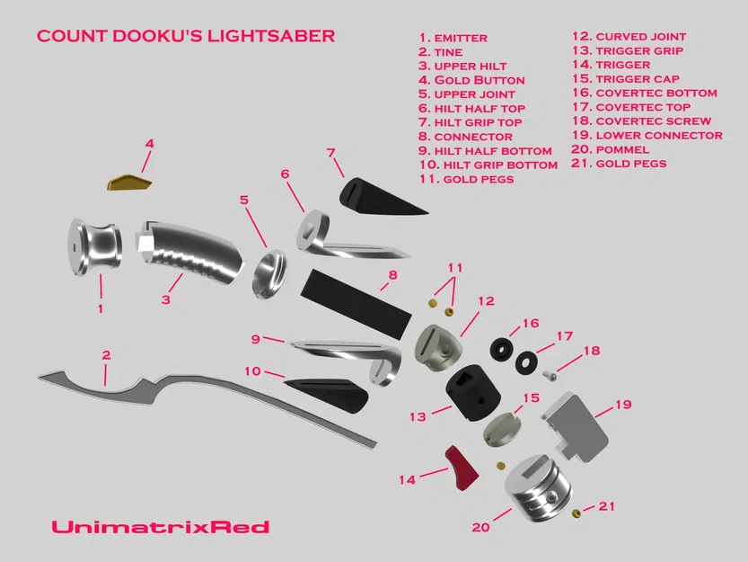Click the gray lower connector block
[x=578, y=422]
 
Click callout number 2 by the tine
[x=106, y=355]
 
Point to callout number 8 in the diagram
[x=392, y=275]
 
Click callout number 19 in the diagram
[x=624, y=405]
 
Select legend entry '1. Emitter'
[x=453, y=39]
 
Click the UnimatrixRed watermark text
[x=160, y=527]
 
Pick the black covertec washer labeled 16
[x=500, y=348]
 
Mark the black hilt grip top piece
[x=373, y=195]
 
